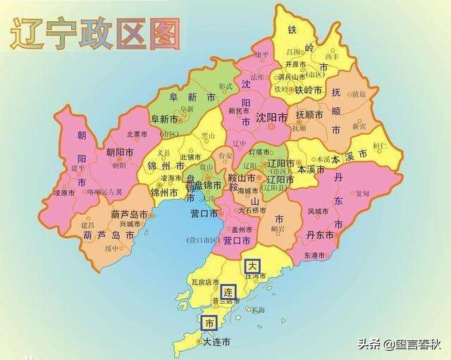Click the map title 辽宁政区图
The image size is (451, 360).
[95, 33]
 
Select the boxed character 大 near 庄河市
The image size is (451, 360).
[252, 266]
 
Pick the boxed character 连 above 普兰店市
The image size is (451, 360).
[228, 291]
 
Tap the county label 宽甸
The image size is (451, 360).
[362, 193]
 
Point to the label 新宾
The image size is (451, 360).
[359, 126]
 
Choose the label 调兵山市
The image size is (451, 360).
[292, 77]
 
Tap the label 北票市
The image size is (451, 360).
[136, 134]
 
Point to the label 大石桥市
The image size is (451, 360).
[252, 210]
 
